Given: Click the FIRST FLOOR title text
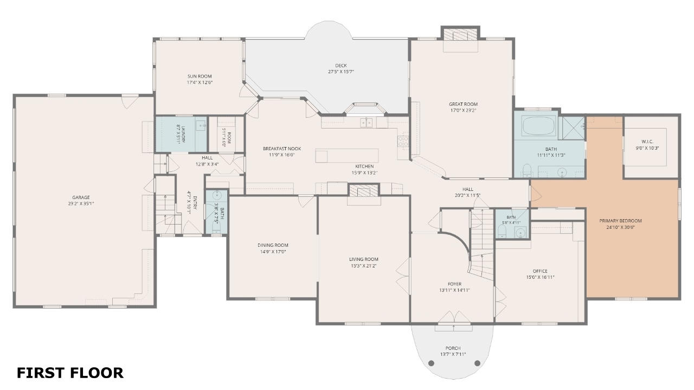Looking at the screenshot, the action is click(x=70, y=373).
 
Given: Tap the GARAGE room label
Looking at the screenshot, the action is click(x=81, y=197).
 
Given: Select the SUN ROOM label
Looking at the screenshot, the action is click(x=200, y=76).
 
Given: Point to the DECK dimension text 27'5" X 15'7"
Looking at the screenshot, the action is click(x=341, y=72).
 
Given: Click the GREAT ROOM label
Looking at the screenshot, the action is click(x=463, y=104).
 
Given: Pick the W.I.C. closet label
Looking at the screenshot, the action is click(x=647, y=142).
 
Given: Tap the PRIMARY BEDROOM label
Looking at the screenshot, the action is click(x=620, y=221).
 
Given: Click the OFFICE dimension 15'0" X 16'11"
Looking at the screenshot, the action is click(x=540, y=277).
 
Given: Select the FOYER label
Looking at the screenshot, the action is click(x=454, y=284).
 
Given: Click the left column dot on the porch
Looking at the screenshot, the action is click(x=431, y=363).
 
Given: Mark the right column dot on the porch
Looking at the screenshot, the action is click(x=477, y=363).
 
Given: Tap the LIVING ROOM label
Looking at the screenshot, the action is click(x=363, y=259).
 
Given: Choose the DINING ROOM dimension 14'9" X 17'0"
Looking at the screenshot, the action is click(x=273, y=252).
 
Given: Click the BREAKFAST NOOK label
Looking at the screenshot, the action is click(x=282, y=149).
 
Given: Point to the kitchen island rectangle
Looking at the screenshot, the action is click(x=347, y=156).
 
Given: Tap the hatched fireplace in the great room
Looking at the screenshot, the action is click(x=460, y=35).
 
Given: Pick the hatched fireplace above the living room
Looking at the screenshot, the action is click(x=364, y=190).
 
